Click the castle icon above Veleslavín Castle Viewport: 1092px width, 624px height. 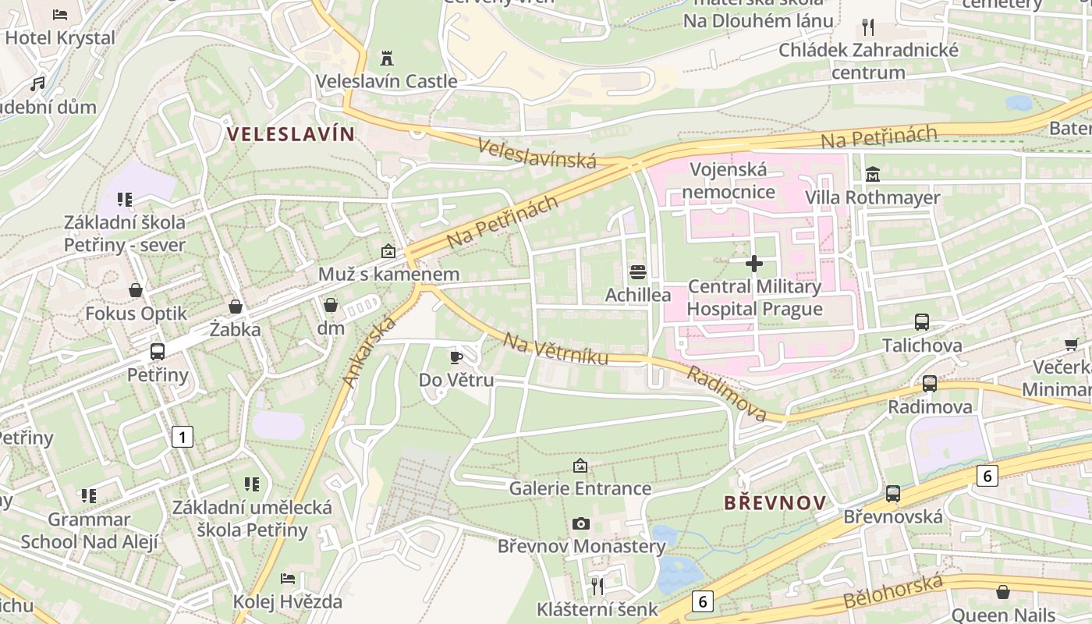386,58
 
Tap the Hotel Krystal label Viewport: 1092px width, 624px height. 60,37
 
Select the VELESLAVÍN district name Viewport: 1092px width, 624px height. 291,133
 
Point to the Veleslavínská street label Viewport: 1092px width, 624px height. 537,153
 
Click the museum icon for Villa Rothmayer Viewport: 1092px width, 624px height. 873,173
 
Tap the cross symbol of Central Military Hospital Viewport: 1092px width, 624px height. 754,264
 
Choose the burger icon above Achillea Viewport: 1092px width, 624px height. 638,272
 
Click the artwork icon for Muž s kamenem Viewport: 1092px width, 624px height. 388,251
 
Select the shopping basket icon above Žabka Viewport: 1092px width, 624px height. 236,307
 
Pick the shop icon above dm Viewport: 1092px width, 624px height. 331,305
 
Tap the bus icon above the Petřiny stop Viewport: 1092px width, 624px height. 158,352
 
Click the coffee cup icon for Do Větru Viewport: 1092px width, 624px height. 456,357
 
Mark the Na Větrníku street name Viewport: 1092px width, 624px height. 555,350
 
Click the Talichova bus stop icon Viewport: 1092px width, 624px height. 922,321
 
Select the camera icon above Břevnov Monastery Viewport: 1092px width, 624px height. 581,523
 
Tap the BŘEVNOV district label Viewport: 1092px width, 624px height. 775,502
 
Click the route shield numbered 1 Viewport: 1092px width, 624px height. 182,437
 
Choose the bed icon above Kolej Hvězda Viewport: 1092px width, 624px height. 288,579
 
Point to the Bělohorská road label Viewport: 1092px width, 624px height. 893,594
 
